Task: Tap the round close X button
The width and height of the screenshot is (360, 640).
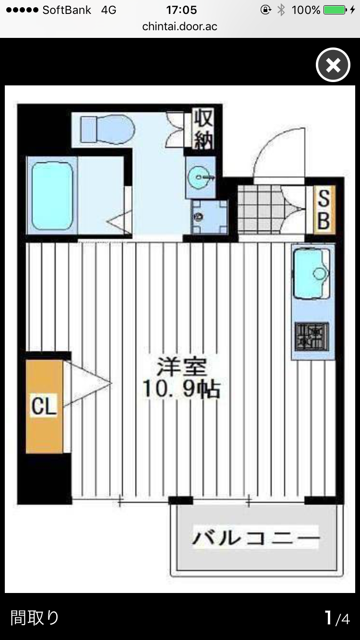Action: pos(333,65)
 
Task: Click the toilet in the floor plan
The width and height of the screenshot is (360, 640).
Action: pos(108,130)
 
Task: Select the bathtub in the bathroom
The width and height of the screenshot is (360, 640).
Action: pos(52,196)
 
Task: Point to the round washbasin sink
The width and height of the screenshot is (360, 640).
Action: pos(200,178)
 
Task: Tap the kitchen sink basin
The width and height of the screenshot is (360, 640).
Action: pos(311,274)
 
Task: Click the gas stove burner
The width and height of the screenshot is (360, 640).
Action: pos(312,337)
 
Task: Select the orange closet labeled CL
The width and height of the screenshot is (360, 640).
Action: pos(44,406)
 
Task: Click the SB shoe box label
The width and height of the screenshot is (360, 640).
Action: pos(324,210)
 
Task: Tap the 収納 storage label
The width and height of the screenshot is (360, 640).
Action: pos(204,129)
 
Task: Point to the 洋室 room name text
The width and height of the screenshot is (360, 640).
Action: pos(181,367)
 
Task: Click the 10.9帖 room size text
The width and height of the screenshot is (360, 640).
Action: pos(181,389)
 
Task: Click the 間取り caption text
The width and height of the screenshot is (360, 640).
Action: pos(35,618)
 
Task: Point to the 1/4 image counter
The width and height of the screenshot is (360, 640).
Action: pos(337,618)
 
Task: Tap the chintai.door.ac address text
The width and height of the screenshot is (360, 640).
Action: pos(180,26)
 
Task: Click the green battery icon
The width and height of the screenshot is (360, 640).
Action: pos(335,10)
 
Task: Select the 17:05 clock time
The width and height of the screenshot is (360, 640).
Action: pos(181,10)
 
